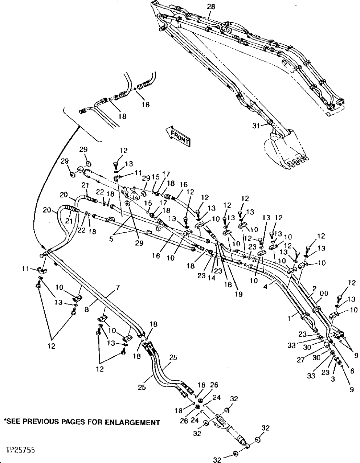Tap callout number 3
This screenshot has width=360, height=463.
tap(333, 378)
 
